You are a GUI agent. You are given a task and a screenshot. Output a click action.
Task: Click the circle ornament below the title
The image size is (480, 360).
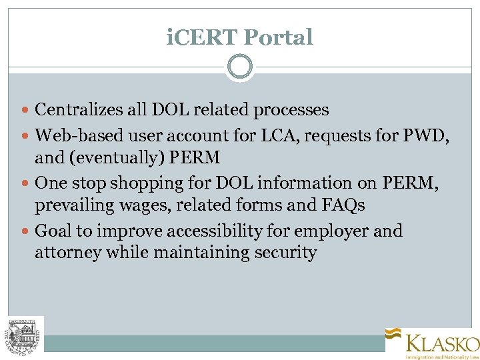[239, 67]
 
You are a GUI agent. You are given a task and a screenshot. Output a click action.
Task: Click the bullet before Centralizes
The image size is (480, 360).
[26, 110]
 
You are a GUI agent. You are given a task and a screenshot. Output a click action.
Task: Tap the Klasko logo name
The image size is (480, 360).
[442, 344]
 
